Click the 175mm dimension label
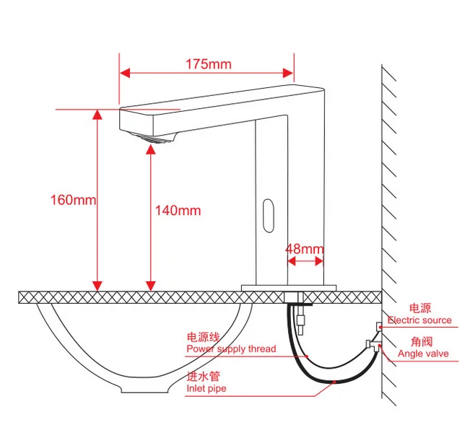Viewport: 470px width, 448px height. [x=209, y=64]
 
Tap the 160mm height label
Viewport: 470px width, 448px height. [x=73, y=200]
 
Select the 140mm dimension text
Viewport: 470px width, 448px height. [x=178, y=211]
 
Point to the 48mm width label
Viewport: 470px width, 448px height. [x=305, y=249]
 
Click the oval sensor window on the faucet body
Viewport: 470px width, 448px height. [x=269, y=216]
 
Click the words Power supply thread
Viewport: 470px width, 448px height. [x=231, y=349]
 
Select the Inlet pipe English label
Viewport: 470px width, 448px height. [x=206, y=388]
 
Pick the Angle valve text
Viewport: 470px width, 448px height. [x=423, y=353]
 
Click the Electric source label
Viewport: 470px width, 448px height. [x=419, y=320]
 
